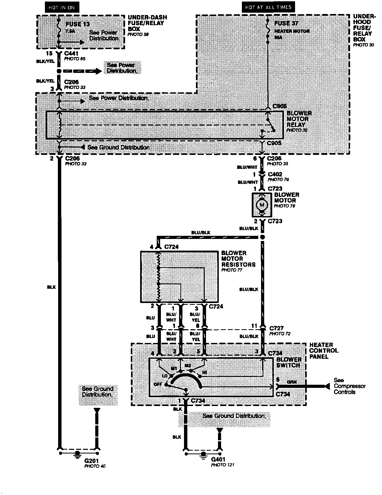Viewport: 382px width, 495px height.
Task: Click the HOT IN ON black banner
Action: pos(62,7)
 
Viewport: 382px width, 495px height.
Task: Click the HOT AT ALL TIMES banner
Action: pos(268,7)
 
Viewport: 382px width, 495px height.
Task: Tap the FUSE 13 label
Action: pos(78,24)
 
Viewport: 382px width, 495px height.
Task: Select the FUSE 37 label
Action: pos(286,23)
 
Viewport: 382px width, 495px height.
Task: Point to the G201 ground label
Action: pos(91,461)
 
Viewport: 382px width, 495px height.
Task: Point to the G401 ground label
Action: pos(218,459)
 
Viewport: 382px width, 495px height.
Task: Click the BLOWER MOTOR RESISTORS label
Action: pos(238,259)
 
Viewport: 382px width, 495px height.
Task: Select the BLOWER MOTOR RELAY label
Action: pos(297,119)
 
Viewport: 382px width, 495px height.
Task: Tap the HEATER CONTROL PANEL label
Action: pos(324,350)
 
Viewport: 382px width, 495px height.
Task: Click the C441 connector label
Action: pos(71,54)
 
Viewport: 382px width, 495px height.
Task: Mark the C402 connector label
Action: pos(275,174)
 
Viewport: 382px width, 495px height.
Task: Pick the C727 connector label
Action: pos(276,328)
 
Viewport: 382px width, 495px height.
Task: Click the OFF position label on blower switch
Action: pos(158,384)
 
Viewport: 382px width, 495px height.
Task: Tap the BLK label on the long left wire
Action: pos(51,287)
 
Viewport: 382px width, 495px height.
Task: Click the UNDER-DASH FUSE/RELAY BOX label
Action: pos(147,23)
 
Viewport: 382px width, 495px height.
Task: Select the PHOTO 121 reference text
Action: pos(222,465)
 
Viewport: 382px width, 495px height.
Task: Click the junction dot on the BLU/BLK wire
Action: pos(262,237)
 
